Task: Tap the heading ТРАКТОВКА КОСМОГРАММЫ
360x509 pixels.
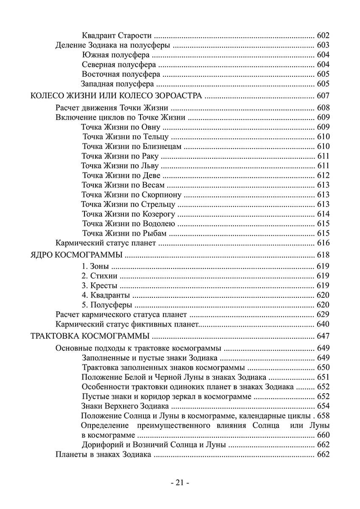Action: tap(90, 337)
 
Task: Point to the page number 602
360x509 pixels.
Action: tap(323, 36)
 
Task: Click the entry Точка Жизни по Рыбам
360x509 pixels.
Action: tap(124, 233)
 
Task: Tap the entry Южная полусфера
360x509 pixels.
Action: tap(115, 55)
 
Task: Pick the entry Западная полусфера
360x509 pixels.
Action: tap(117, 84)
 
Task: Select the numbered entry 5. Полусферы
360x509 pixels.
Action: tap(107, 305)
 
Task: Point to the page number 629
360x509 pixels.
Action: tap(323, 315)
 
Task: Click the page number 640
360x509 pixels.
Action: tap(323, 324)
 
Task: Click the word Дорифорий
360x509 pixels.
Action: tap(100, 445)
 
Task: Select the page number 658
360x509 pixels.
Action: tap(323, 416)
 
